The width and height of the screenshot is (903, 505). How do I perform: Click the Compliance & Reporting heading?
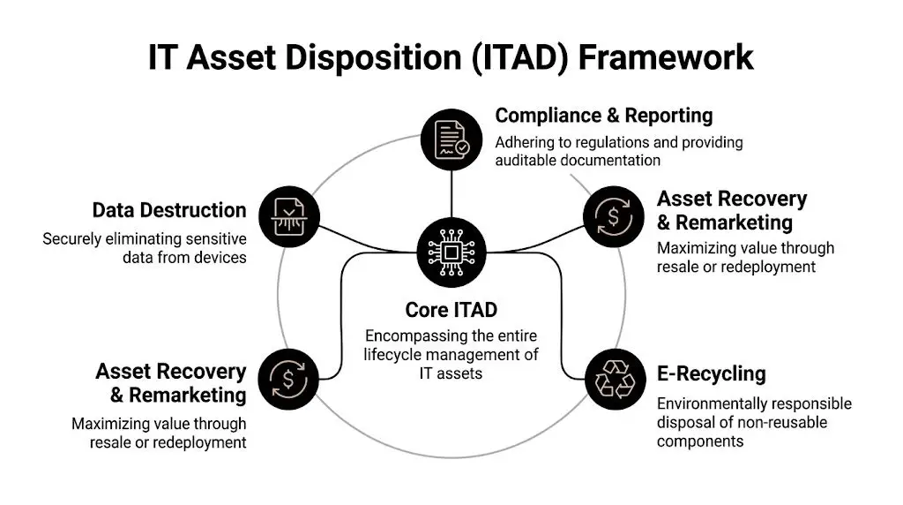[x=603, y=116]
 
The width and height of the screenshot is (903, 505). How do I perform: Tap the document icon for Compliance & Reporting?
[x=451, y=139]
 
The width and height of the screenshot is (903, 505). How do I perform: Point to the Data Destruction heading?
[x=169, y=210]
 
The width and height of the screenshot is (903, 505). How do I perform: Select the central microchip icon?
[x=451, y=253]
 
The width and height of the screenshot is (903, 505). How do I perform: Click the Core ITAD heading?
[x=451, y=310]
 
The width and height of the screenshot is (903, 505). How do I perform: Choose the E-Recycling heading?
[x=711, y=373]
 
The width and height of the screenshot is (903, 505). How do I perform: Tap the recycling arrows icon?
[x=615, y=378]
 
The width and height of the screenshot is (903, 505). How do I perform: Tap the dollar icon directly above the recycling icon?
[x=615, y=215]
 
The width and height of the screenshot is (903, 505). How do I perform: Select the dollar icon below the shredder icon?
[x=287, y=378]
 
